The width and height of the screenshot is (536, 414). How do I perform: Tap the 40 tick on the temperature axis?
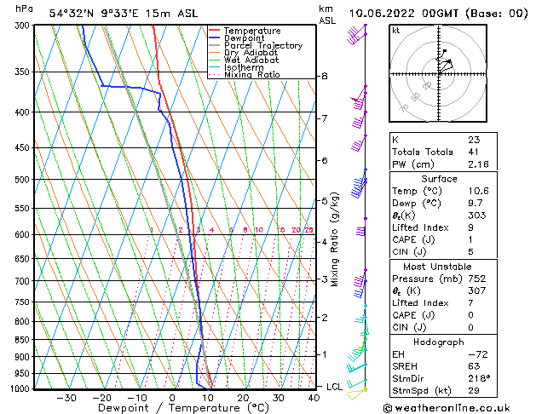click(x=314, y=398)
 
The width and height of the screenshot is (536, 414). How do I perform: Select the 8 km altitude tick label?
click(x=324, y=76)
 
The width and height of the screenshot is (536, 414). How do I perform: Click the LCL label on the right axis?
click(x=335, y=387)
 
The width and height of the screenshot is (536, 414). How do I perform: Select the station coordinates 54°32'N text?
click(x=72, y=13)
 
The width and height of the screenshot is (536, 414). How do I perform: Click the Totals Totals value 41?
click(x=474, y=151)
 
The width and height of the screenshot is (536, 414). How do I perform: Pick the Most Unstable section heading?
click(x=440, y=266)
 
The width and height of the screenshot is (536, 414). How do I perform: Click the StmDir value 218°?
click(x=478, y=377)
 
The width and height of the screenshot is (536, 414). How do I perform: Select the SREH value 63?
click(x=474, y=365)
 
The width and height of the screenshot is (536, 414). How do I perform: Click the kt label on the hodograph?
click(x=395, y=30)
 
